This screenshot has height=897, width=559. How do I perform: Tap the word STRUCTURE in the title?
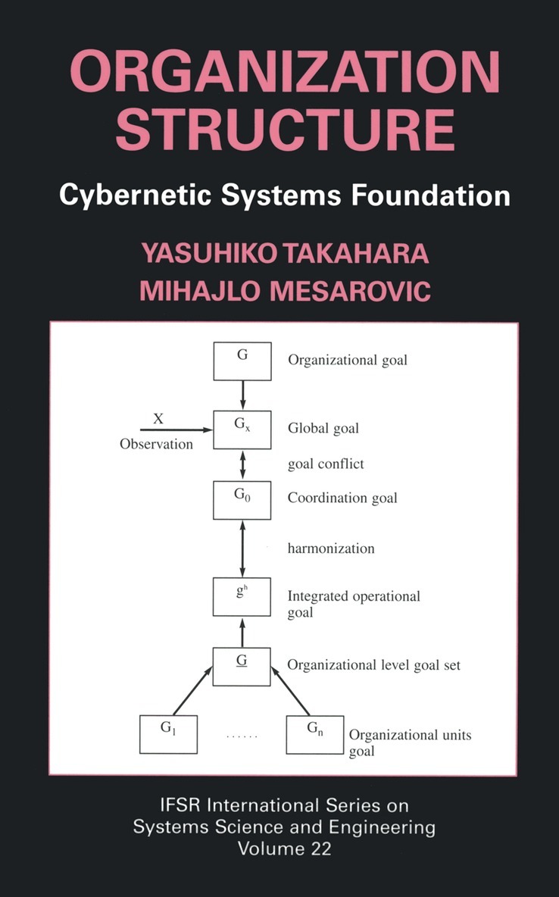point(284,131)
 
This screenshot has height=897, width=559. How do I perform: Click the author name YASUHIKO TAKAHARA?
point(284,252)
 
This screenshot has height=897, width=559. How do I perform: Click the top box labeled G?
point(242,361)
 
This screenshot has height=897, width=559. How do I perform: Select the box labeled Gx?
point(242,430)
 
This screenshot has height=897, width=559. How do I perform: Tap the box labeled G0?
point(242,499)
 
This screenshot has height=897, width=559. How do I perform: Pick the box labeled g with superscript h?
point(242,596)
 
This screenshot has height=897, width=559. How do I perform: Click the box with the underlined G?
point(242,666)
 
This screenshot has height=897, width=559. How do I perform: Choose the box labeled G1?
point(168,733)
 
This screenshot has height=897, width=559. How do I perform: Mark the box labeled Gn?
point(314,733)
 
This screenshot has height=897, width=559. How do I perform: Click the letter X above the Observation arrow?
point(158,417)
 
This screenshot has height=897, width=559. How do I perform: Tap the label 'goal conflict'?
point(326,464)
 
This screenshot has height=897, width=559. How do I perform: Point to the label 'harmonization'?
point(331,548)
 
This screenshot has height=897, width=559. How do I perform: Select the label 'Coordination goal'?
point(342,499)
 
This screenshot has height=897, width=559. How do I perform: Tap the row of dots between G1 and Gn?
point(242,736)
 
